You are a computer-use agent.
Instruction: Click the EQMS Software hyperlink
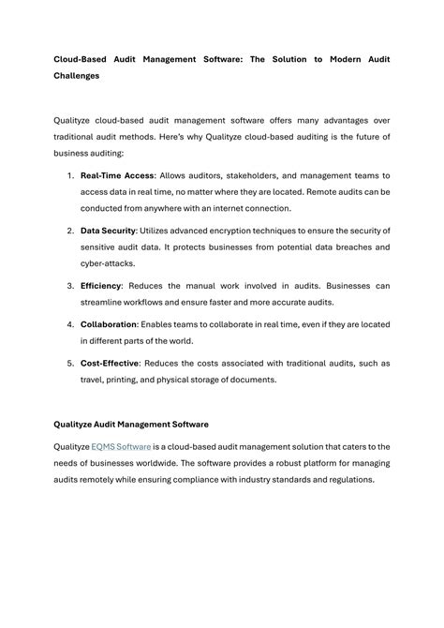121,446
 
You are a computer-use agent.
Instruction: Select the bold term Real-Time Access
117,175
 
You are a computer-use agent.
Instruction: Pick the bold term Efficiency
101,285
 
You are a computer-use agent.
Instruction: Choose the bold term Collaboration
110,323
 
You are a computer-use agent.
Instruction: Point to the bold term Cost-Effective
111,363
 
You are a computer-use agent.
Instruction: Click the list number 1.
70,175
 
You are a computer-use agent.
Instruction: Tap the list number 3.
70,285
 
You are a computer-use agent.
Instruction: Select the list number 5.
70,363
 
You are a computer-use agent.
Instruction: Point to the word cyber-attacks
108,263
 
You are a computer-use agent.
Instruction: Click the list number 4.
70,323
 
